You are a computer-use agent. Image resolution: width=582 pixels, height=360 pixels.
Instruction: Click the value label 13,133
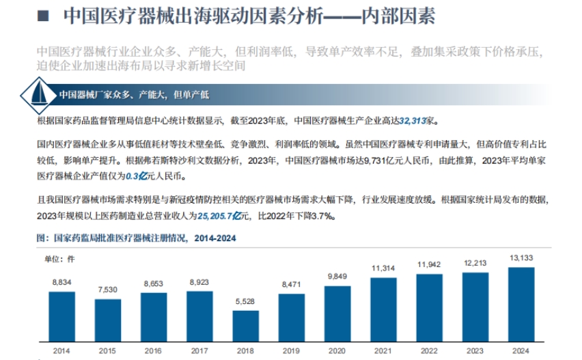click(x=522, y=258)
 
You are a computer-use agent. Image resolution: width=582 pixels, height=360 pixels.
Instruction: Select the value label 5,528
click(x=245, y=301)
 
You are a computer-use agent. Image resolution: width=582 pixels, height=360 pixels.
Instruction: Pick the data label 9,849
click(x=337, y=276)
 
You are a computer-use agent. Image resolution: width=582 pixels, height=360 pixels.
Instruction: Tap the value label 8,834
click(x=61, y=282)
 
